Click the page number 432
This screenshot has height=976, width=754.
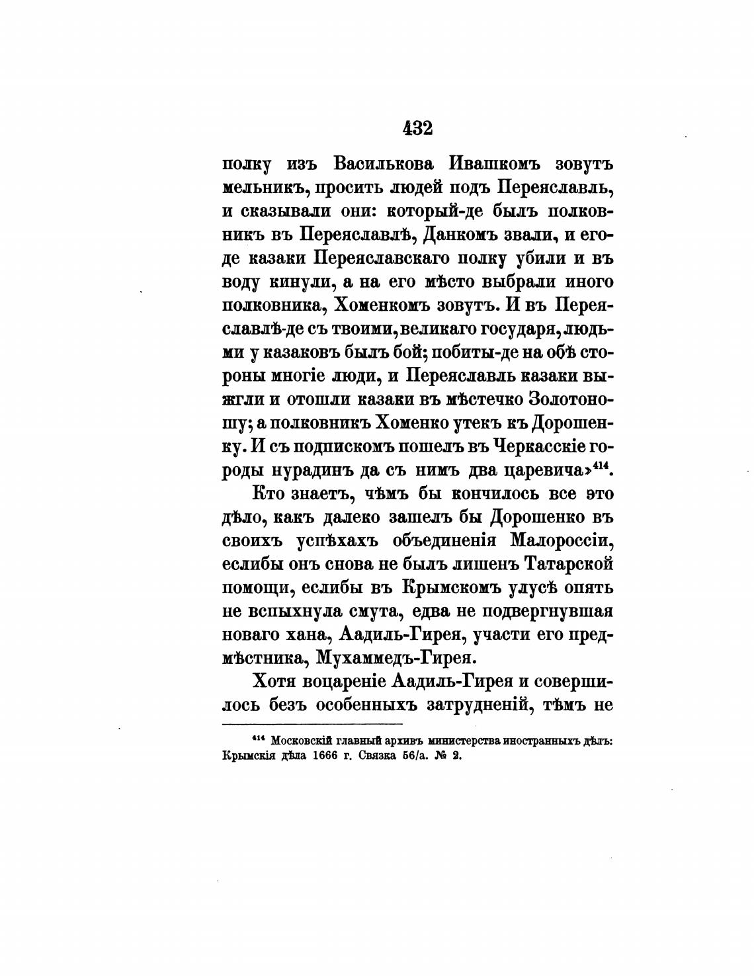[x=417, y=128]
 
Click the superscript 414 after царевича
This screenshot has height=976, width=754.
[x=601, y=464]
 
